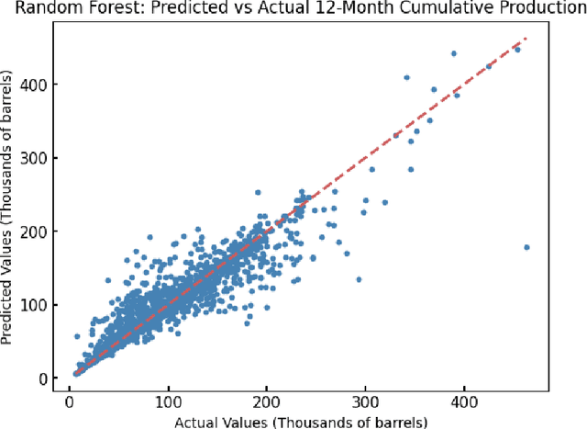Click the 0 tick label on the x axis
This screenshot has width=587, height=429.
[x=70, y=402]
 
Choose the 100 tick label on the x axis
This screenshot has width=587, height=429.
[x=168, y=402]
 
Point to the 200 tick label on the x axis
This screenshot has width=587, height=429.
[x=267, y=402]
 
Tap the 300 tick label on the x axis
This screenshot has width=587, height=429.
[x=365, y=402]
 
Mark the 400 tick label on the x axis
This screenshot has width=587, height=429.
[x=464, y=402]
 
